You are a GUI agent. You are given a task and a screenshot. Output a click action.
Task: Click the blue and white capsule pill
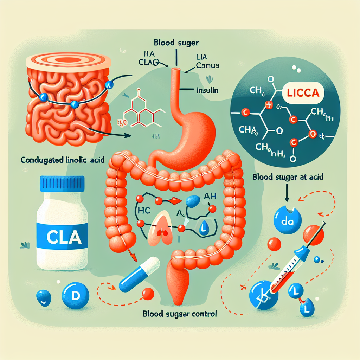point(139,274)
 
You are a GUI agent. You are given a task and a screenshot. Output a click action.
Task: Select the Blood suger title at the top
point(177,44)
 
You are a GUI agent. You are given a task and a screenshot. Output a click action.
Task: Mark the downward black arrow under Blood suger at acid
point(287,194)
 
